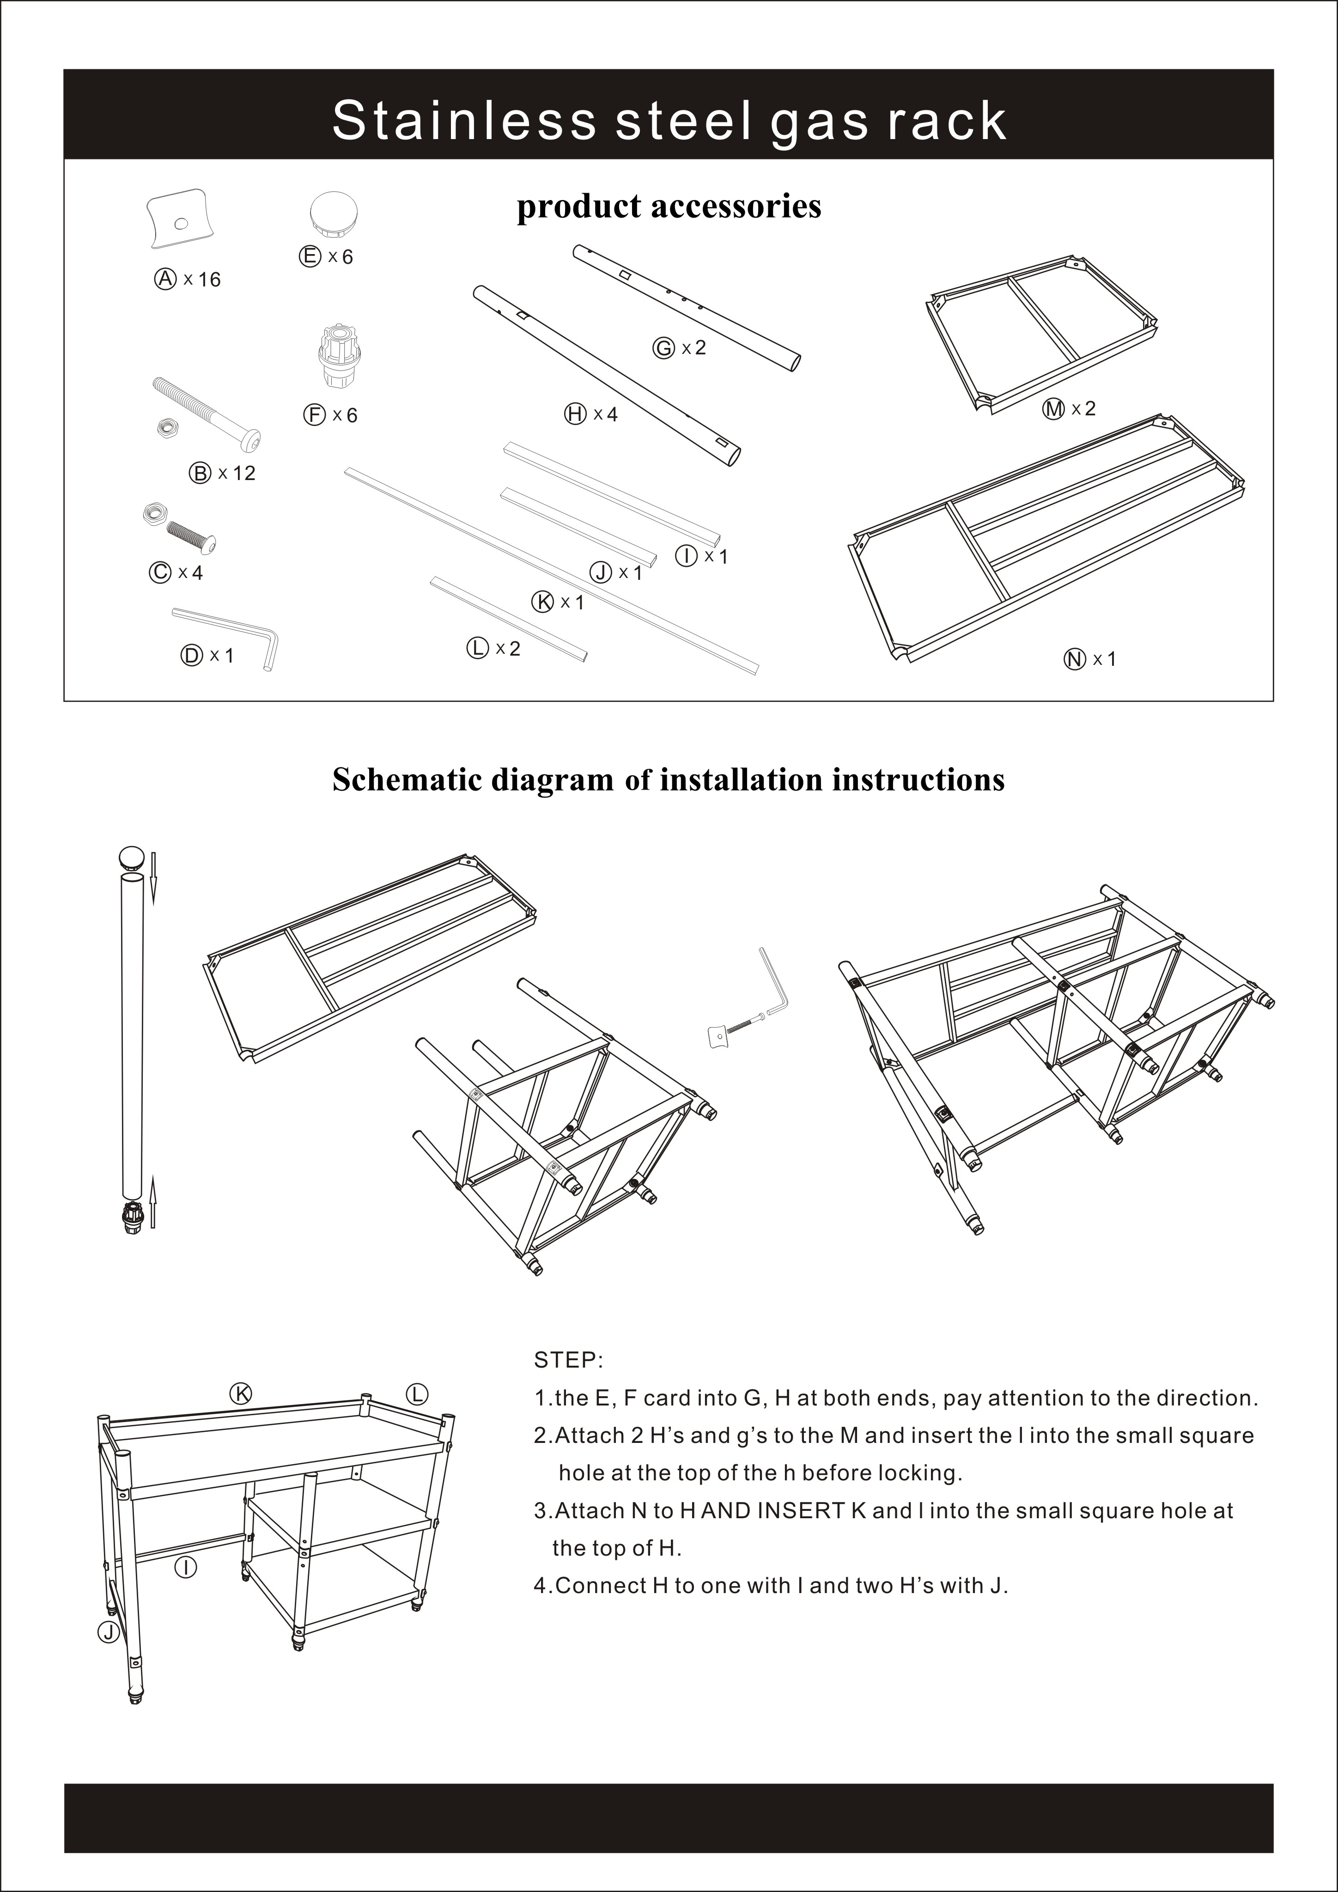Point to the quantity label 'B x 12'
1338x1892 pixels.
223,473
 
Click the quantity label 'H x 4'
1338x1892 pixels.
591,414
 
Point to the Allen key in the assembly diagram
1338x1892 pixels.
773,980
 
